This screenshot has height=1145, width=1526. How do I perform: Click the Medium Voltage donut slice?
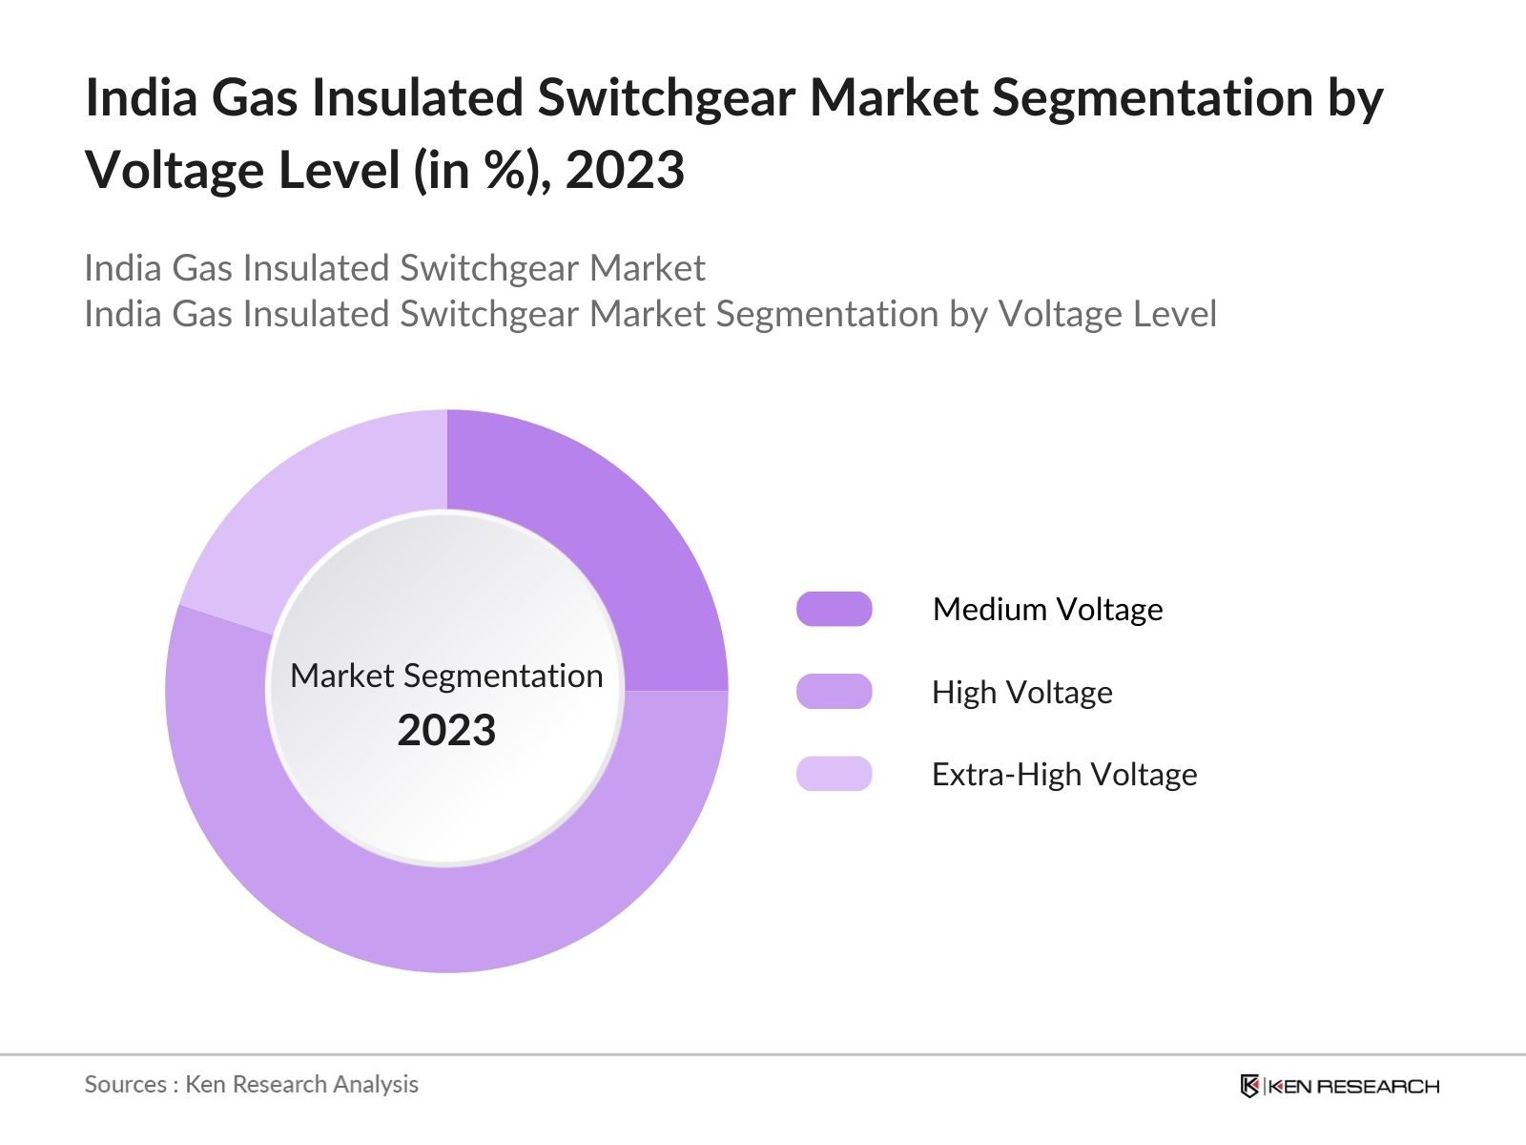[x=610, y=534]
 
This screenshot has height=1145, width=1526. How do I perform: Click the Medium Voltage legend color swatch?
[x=834, y=609]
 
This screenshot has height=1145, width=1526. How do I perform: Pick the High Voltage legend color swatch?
[x=834, y=692]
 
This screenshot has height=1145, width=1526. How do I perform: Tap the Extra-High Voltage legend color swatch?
[x=834, y=774]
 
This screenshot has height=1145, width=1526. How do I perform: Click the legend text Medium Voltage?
[x=1047, y=609]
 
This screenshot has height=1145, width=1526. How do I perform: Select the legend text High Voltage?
[x=1021, y=692]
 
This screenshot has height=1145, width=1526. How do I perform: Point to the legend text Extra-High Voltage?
[x=1063, y=774]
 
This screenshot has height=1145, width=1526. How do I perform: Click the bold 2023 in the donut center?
[x=446, y=731]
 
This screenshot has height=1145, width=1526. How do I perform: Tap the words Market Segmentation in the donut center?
[x=446, y=676]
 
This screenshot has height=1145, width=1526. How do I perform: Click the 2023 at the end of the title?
[x=625, y=171]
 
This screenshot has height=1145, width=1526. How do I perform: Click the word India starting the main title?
[x=142, y=98]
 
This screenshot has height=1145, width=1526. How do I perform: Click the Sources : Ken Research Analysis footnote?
[x=251, y=1084]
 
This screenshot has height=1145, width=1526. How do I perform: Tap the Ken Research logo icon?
[x=1249, y=1086]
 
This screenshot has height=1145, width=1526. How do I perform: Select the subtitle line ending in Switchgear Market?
[x=394, y=268]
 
